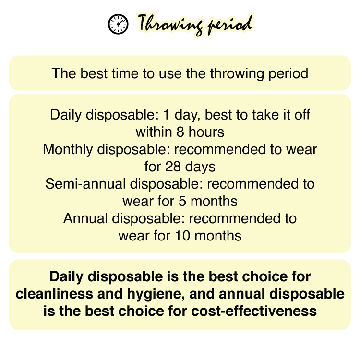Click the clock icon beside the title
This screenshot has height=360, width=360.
118,24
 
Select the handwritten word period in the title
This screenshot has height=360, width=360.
230,25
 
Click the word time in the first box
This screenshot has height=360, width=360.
125,73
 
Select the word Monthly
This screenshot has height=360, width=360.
68,150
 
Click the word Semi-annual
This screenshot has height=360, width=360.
85,184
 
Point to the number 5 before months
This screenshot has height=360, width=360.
182,201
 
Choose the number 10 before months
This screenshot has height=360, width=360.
182,236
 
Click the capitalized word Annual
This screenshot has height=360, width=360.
85,218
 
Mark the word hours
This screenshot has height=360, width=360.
206,132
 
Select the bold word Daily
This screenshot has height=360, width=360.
66,276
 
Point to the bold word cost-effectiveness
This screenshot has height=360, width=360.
254,311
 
